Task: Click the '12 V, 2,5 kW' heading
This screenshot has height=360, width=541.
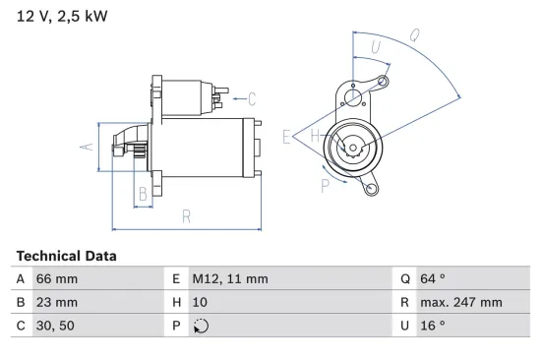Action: pos(60,17)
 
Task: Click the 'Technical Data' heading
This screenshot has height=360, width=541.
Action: pos(66,256)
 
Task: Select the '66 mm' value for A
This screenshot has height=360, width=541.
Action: pos(56,278)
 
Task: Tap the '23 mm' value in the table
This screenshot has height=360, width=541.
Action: pos(56,302)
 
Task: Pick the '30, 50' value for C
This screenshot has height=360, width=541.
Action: pos(55,326)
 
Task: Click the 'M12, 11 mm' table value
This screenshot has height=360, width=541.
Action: pos(230,278)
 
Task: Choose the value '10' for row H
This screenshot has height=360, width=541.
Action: pos(201,302)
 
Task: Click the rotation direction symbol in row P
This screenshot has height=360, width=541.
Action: pos(202,326)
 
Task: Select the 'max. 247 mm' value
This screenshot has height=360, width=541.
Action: pos(462,302)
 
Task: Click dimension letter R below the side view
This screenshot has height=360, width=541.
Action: pos(185,215)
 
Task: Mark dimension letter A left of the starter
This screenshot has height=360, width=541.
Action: pos(86,147)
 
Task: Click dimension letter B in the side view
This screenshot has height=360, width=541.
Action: pos(143,194)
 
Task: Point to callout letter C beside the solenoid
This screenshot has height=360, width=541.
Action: pos(252,98)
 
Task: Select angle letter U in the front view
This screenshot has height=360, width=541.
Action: pos(375,47)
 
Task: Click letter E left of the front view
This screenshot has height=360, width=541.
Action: pos(287,137)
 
